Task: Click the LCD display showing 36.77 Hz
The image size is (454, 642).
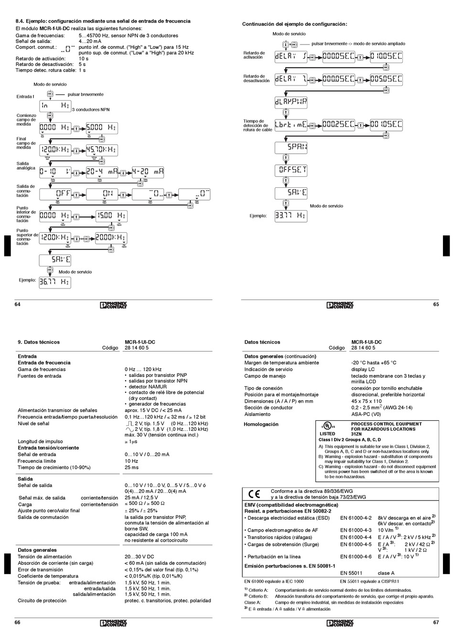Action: (54, 282)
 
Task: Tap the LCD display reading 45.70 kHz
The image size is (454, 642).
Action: (102, 150)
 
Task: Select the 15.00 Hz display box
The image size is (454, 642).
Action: (111, 216)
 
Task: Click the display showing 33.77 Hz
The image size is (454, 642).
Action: (291, 216)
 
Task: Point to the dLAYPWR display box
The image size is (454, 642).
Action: (291, 102)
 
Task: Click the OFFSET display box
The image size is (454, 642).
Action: (291, 170)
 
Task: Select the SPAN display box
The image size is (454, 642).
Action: (291, 147)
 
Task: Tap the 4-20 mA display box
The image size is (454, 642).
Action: (148, 171)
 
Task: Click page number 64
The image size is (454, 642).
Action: (18, 304)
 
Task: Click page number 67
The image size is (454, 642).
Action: (436, 622)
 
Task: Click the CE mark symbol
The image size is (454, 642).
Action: (254, 494)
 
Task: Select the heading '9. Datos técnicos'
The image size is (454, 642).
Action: (39, 342)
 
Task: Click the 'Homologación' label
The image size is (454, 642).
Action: (261, 424)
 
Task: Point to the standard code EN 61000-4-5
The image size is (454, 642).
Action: (356, 544)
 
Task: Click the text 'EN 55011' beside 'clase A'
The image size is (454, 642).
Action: (351, 573)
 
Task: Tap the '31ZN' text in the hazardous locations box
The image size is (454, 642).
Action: (357, 434)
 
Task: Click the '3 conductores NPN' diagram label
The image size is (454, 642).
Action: (91, 109)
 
